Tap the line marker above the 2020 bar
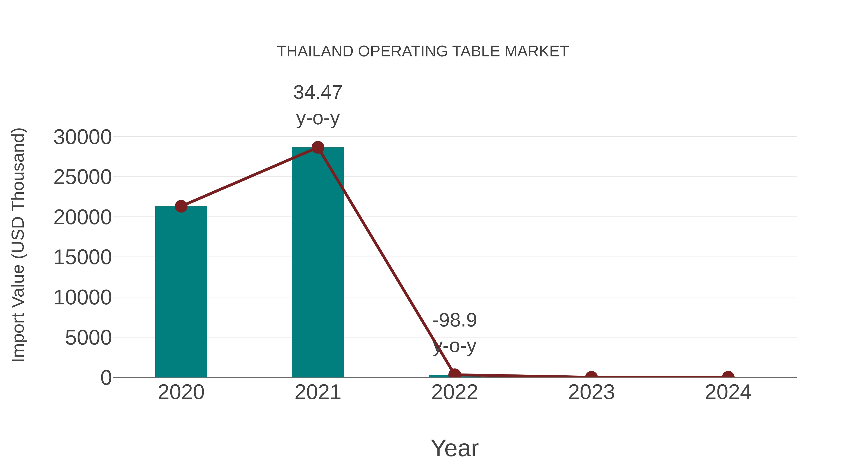coord(181,206)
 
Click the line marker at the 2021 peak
coord(317,147)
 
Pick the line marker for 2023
coord(591,377)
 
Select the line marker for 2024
coord(728,377)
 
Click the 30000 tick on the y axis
coord(82,137)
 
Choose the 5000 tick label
coord(88,338)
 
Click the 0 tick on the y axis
coord(106,378)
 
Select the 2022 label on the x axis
coord(454,392)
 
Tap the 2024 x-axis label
coord(728,392)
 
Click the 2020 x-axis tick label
coord(181,392)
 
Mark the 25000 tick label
coord(82,177)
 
